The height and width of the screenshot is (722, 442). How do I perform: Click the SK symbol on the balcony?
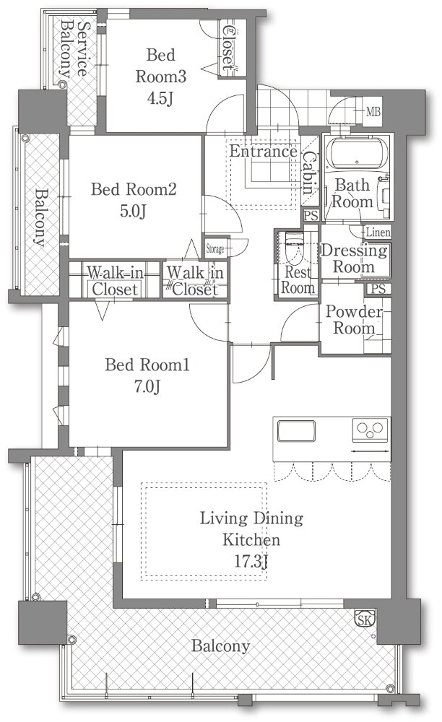365,619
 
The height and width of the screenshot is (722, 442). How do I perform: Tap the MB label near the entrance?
373,111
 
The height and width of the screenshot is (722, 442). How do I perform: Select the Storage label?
214,248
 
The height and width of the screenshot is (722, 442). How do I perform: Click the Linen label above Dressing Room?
378,232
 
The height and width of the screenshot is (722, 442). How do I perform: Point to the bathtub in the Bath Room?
357,154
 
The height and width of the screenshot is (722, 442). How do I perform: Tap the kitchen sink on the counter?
296,431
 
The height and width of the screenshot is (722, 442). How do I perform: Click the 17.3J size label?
251,561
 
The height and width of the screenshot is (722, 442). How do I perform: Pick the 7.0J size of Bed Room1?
147,386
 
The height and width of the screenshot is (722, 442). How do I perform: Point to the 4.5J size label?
160,98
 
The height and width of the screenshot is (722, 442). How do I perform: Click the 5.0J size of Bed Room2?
133,211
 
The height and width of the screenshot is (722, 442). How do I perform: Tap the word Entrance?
264,151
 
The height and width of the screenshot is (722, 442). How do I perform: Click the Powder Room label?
354,320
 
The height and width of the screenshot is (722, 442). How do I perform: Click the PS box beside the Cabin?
311,215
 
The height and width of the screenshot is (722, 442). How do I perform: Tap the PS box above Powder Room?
378,289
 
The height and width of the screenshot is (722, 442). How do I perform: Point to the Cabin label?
309,173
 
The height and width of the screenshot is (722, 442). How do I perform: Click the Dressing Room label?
354,258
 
